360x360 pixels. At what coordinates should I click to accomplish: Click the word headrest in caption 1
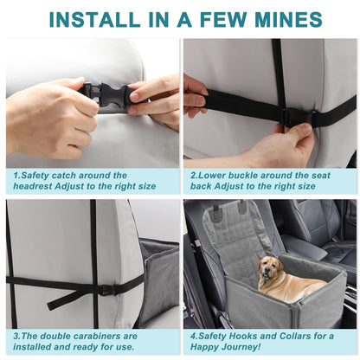coord(33,186)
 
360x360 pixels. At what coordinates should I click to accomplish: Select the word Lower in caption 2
coord(209,176)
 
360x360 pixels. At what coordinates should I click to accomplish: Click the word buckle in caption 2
coord(241,176)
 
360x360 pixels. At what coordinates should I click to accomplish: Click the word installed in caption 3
coord(31,347)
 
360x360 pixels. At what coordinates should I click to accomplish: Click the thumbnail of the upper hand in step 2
coord(200,100)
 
